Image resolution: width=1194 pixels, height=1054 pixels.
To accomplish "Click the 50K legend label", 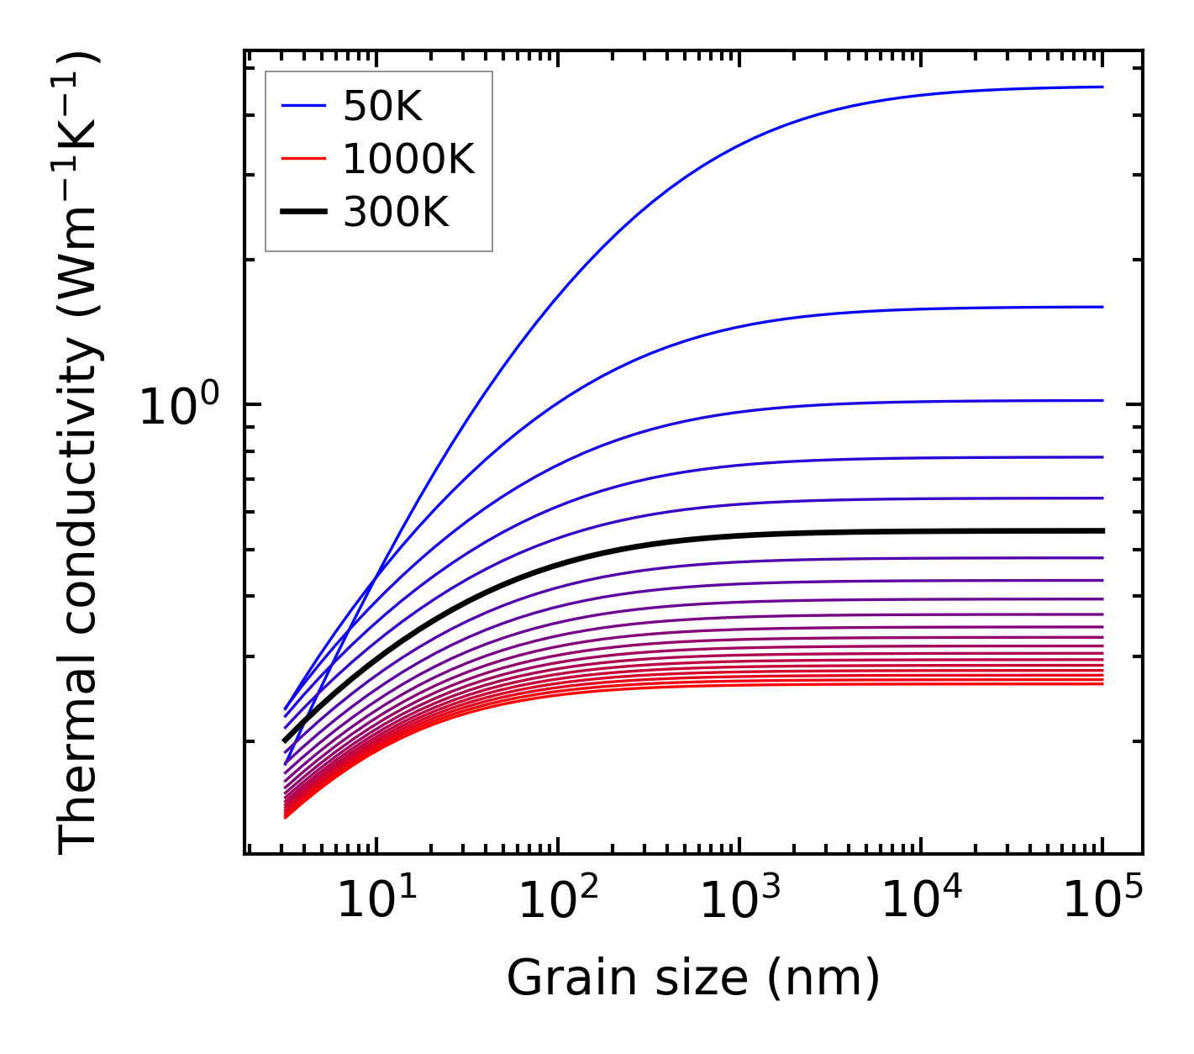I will click(x=382, y=107).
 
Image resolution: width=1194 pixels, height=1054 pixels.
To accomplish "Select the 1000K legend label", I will click(x=408, y=159).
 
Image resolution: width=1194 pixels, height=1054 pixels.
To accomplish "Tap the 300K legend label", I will click(x=396, y=213).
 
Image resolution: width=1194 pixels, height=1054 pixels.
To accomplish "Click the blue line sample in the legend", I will click(x=302, y=106).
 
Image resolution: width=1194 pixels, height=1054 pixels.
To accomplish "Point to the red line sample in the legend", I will click(x=302, y=158).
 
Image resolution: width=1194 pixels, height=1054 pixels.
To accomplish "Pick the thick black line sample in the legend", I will click(x=302, y=213).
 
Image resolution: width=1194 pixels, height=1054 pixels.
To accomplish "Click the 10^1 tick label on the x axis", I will click(x=376, y=900).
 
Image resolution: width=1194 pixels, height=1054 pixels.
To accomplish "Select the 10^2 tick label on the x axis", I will click(x=558, y=900).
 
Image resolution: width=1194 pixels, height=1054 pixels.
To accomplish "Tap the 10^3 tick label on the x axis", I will click(x=739, y=900).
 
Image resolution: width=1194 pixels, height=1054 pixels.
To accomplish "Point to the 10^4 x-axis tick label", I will click(x=921, y=900).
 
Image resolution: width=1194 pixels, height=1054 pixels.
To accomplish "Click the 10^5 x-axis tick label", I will click(x=1102, y=900).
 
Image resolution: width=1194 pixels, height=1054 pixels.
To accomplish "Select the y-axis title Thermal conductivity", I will click(x=79, y=454).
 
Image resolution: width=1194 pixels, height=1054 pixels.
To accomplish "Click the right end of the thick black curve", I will click(x=1102, y=530).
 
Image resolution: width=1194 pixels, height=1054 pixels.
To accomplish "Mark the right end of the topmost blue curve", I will click(x=1102, y=87).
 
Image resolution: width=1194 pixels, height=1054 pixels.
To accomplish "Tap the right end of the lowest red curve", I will click(x=1102, y=683).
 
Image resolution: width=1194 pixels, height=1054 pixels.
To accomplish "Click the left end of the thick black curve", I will click(x=285, y=740).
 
